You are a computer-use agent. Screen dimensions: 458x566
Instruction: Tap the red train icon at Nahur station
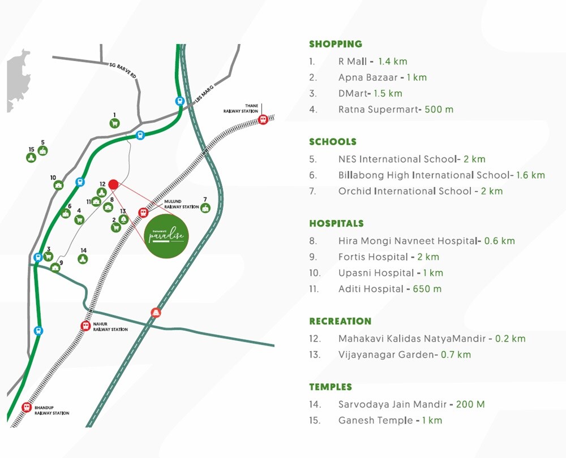click(x=85, y=326)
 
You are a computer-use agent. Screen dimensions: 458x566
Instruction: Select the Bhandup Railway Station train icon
click(x=26, y=407)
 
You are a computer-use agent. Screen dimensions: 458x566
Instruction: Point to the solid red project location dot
click(x=113, y=184)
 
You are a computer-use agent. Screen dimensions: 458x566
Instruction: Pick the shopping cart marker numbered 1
click(x=115, y=123)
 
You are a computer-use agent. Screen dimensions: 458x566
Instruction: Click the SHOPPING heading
click(x=335, y=44)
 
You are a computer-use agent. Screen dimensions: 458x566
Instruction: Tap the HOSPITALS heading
click(x=336, y=223)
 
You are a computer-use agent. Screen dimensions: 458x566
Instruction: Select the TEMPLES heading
click(x=331, y=387)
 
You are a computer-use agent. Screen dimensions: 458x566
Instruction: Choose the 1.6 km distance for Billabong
click(x=530, y=175)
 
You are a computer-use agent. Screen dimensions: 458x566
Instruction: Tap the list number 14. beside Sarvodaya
click(x=315, y=404)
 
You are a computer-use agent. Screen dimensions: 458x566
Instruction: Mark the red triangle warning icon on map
click(x=156, y=312)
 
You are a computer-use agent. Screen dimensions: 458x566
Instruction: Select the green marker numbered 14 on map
click(x=83, y=259)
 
